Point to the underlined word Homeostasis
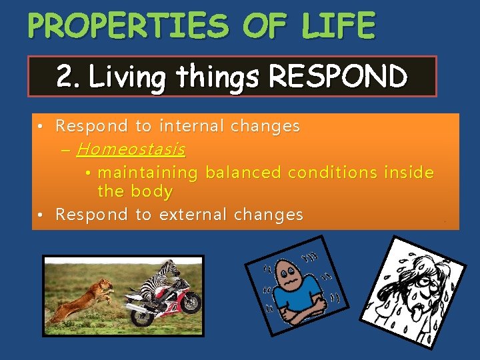[x=131, y=149]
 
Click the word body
[x=154, y=192]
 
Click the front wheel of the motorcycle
[x=187, y=304]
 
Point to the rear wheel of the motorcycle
[x=144, y=314]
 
